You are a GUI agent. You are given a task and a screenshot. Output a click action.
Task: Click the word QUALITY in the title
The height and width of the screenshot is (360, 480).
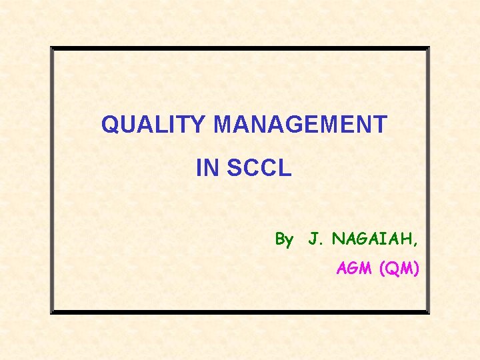coord(155,125)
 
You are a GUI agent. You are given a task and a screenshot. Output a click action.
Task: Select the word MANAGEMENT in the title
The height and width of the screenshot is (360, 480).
coord(301,125)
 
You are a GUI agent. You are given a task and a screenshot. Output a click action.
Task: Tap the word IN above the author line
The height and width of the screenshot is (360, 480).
coord(207,169)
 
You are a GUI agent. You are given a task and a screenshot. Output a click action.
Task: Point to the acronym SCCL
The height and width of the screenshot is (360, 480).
coord(259,169)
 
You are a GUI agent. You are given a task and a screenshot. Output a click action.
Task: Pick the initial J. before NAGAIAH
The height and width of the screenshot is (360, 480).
coord(315,239)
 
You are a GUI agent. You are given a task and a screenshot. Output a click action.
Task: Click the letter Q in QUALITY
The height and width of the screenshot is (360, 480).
coord(110,125)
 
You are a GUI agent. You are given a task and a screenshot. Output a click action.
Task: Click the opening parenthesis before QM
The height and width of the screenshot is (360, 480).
coord(381,270)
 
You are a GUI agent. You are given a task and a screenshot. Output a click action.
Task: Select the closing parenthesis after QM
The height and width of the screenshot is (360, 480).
coord(416,270)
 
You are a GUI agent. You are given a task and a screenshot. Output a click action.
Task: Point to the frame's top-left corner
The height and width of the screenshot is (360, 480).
coord(52,48)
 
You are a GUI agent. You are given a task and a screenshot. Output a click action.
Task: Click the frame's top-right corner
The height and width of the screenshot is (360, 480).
coord(429,48)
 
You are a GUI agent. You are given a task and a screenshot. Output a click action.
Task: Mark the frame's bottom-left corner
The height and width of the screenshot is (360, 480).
coord(52,313)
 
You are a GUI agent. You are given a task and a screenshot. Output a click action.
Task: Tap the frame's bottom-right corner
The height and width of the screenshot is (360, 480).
coord(429,313)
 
